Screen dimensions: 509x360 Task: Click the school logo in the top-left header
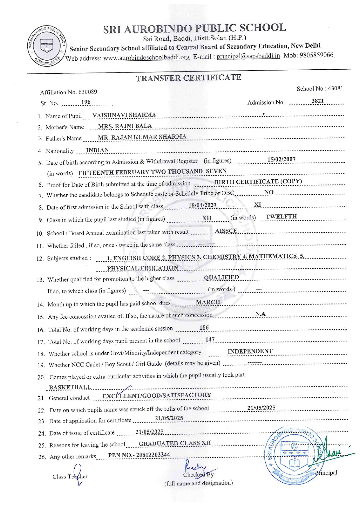[47, 46]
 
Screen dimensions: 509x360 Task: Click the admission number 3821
[317, 101]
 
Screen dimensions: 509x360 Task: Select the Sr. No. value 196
[86, 102]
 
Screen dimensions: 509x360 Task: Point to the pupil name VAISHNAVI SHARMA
[124, 115]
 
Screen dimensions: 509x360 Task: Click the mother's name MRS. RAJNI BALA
[125, 126]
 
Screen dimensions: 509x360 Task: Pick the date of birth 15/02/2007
[281, 159]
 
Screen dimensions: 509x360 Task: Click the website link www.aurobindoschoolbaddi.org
[146, 57]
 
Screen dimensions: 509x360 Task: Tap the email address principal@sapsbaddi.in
[248, 56]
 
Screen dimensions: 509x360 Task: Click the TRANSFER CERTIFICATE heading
[189, 78]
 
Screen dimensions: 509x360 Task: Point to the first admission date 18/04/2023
[202, 205]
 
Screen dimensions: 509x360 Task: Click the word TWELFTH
[281, 216]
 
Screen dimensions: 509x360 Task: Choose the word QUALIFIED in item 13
[221, 277]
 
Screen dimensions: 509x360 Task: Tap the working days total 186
[204, 328]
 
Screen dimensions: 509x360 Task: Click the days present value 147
[210, 340]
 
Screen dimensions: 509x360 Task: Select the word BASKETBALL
[70, 387]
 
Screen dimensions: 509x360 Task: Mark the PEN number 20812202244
[153, 455]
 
